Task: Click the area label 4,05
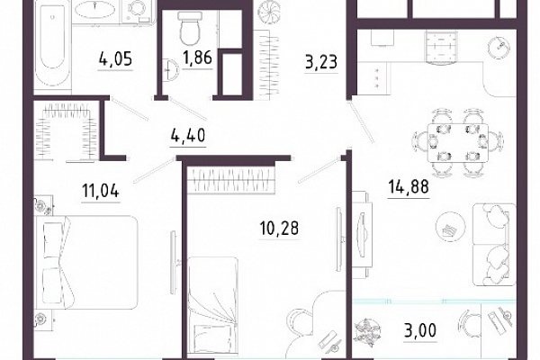115,58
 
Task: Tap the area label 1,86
197,57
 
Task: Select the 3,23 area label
321,62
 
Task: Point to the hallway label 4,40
188,135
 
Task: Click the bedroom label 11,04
101,191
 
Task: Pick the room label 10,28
279,228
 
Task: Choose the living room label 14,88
409,187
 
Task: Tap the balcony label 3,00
420,330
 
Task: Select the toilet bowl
189,28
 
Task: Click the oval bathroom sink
93,10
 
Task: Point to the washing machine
137,11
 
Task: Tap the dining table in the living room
458,142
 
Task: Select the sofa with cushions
494,245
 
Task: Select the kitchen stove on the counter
441,48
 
